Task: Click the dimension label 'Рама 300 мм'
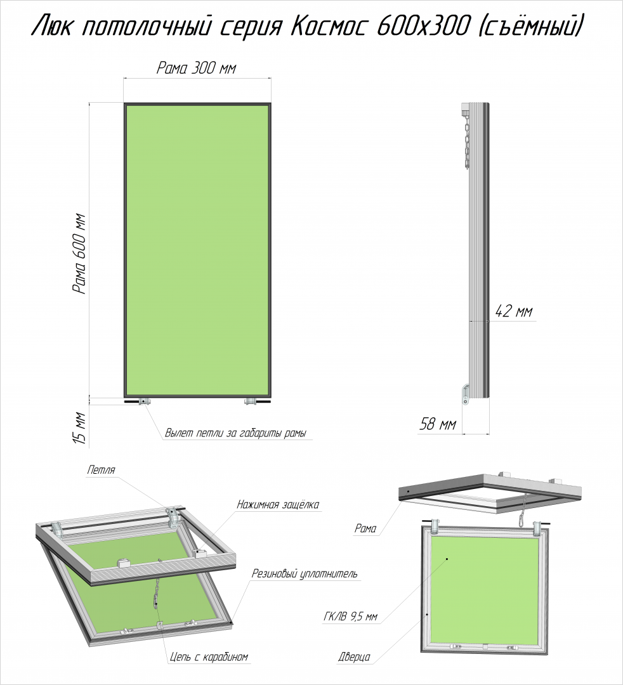tap(197, 68)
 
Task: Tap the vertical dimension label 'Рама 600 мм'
tap(79, 254)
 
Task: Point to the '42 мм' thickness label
tap(514, 311)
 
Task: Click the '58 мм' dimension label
tap(437, 424)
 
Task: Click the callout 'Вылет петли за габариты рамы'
tap(235, 433)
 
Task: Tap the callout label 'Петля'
tap(101, 470)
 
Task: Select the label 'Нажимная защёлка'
tap(278, 505)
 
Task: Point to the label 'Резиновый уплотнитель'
tap(305, 573)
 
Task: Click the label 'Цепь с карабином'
tap(209, 656)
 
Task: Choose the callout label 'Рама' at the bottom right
tap(365, 528)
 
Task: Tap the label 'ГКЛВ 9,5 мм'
tap(350, 617)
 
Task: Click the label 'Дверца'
tap(354, 656)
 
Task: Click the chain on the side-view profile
tap(466, 140)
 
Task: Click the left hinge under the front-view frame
tap(144, 401)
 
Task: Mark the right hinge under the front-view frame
tap(251, 401)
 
